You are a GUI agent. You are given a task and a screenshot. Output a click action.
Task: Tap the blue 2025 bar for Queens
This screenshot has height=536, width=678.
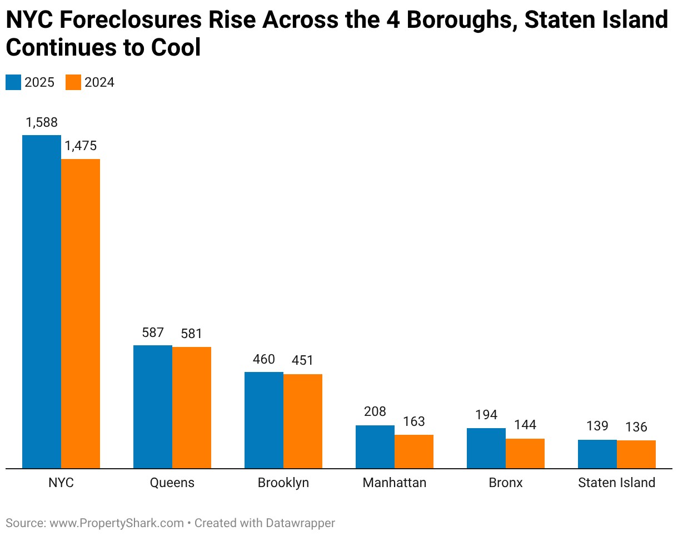click(x=153, y=406)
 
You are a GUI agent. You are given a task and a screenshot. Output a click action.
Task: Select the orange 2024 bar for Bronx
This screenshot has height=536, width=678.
click(x=525, y=453)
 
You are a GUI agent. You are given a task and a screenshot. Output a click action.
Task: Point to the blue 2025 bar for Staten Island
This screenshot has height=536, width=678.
click(x=597, y=454)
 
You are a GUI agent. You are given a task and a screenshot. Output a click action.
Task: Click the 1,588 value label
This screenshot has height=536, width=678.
click(x=42, y=123)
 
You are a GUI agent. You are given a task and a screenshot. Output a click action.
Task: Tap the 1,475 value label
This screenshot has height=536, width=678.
click(x=81, y=146)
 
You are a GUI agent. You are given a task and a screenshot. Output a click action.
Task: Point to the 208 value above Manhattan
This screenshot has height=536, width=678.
click(x=375, y=412)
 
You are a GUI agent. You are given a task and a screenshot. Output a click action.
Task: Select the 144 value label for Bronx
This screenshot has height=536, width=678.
click(x=525, y=425)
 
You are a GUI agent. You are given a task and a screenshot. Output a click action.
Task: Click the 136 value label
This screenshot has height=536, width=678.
click(x=636, y=427)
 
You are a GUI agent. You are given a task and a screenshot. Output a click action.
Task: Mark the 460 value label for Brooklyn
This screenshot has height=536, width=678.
click(x=264, y=359)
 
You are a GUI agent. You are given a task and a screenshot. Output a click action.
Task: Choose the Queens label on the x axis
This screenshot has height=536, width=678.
click(x=172, y=483)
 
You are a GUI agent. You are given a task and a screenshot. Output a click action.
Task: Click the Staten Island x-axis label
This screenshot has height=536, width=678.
click(x=617, y=483)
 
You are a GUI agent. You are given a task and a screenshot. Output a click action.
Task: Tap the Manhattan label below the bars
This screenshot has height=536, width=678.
click(x=395, y=483)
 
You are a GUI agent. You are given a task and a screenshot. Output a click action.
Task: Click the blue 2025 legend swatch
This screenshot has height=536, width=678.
click(x=13, y=82)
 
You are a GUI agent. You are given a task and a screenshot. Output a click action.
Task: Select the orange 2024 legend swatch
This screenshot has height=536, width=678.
click(x=73, y=82)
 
